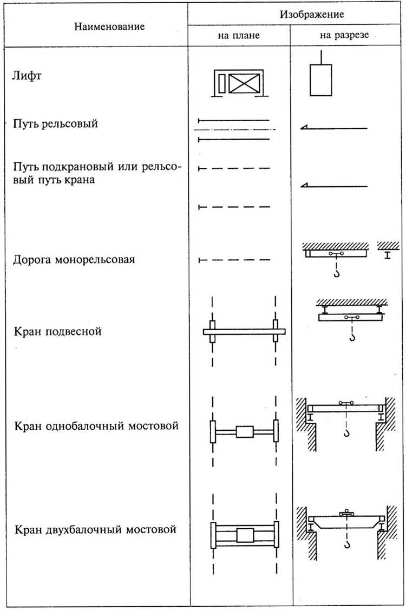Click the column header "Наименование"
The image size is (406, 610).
[109, 25]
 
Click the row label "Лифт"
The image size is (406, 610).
[27, 76]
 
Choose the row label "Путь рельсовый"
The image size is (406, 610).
[55, 124]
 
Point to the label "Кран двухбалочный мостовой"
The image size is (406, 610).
[95, 529]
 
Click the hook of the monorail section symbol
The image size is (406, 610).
[337, 274]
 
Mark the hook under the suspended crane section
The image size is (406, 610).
[352, 338]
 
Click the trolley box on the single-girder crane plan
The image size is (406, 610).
[245, 432]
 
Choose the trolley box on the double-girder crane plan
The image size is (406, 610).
[245, 535]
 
